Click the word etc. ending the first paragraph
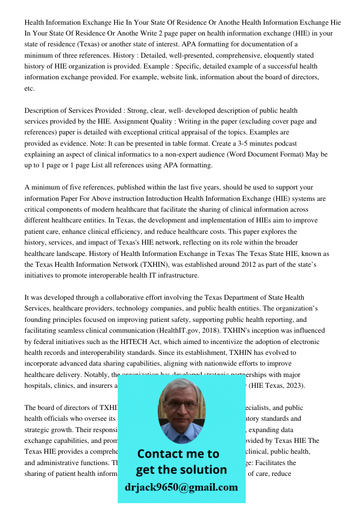29,89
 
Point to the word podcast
284,143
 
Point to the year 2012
210,265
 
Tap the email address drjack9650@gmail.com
181,487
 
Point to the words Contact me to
178,454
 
